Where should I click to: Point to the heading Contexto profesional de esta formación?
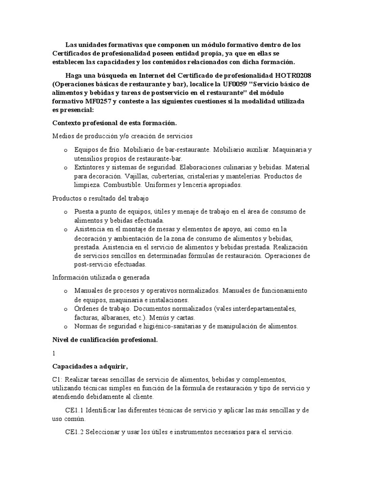114,123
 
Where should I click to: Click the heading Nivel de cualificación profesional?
105,340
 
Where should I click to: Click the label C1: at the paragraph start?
57,380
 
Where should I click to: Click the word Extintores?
90,168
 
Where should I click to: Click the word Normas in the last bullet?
86,326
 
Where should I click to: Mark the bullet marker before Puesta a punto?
66,212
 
